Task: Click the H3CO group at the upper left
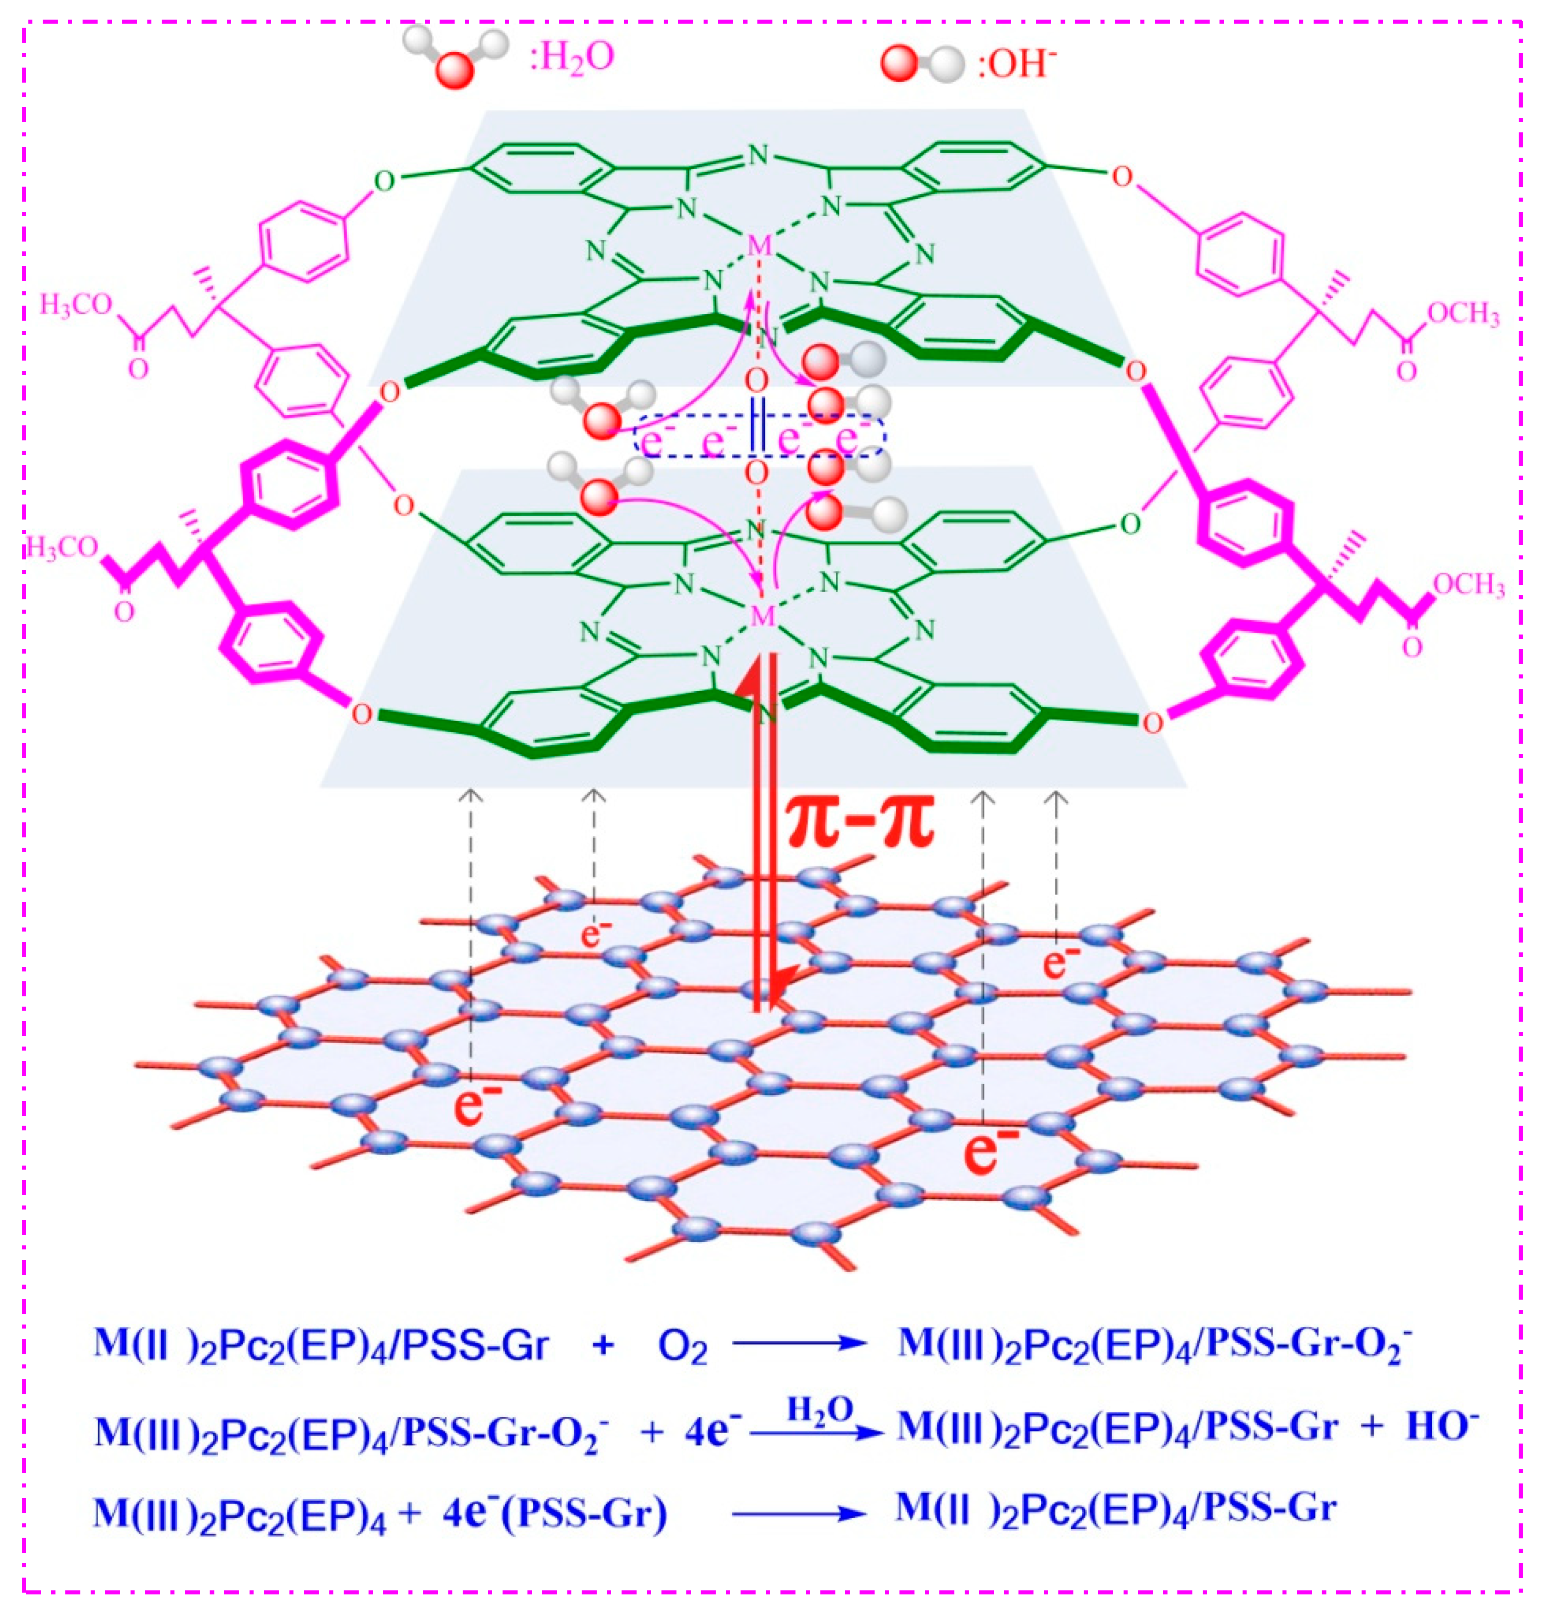point(76,306)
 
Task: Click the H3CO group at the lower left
point(62,548)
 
